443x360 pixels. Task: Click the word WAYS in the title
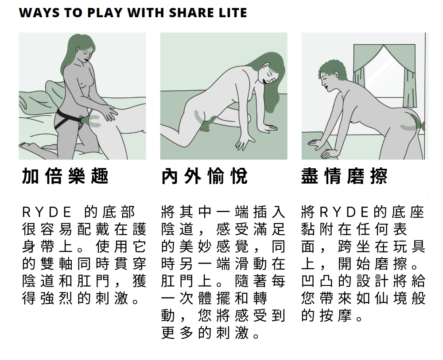click(39, 13)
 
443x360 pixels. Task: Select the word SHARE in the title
click(190, 13)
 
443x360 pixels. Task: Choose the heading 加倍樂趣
click(65, 176)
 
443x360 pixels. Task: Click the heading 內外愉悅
click(205, 176)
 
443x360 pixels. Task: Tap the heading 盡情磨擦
click(344, 176)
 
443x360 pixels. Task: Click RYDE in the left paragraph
click(47, 213)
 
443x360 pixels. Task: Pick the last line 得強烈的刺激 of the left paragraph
click(81, 298)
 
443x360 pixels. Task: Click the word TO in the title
click(74, 13)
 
